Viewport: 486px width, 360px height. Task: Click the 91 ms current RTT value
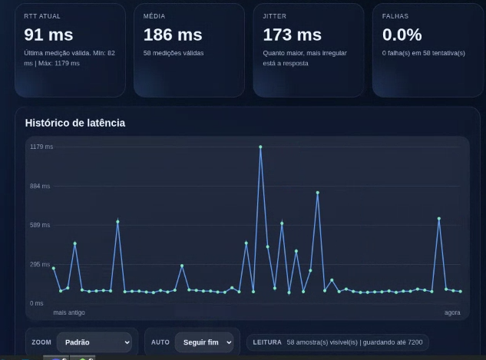pyautogui.click(x=48, y=35)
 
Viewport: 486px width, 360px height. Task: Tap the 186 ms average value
pyautogui.click(x=173, y=35)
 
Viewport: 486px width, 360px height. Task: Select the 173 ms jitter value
pyautogui.click(x=292, y=35)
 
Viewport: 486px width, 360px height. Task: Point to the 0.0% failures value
pyautogui.click(x=402, y=35)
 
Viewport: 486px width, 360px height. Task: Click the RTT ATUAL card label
pyautogui.click(x=42, y=16)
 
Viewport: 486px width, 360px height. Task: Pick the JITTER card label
pyautogui.click(x=274, y=16)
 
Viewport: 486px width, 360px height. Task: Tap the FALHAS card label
pyautogui.click(x=395, y=16)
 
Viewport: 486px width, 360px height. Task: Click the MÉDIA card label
pyautogui.click(x=154, y=16)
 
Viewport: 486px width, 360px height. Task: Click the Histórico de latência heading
pyautogui.click(x=74, y=123)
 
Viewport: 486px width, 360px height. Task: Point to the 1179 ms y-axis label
pyautogui.click(x=41, y=147)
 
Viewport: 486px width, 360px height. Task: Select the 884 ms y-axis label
pyautogui.click(x=40, y=186)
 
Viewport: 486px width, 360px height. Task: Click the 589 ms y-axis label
pyautogui.click(x=40, y=225)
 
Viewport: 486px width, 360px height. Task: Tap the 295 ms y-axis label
pyautogui.click(x=40, y=264)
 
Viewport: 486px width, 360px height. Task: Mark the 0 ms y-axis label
pyautogui.click(x=37, y=303)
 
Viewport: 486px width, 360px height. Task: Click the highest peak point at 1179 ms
pyautogui.click(x=260, y=147)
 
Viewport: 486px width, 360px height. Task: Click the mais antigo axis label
pyautogui.click(x=69, y=312)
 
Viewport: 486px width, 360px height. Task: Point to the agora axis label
pyautogui.click(x=452, y=312)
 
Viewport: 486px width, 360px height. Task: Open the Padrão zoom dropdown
pyautogui.click(x=93, y=342)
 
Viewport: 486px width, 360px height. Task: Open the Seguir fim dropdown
pyautogui.click(x=203, y=342)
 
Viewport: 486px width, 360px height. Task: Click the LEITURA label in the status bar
pyautogui.click(x=267, y=342)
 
